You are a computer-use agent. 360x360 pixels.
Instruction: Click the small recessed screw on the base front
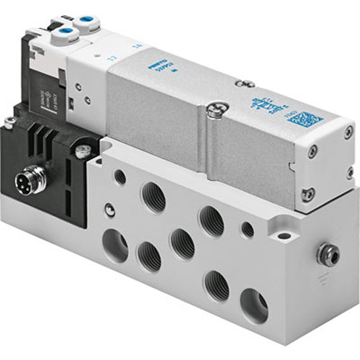109,210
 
